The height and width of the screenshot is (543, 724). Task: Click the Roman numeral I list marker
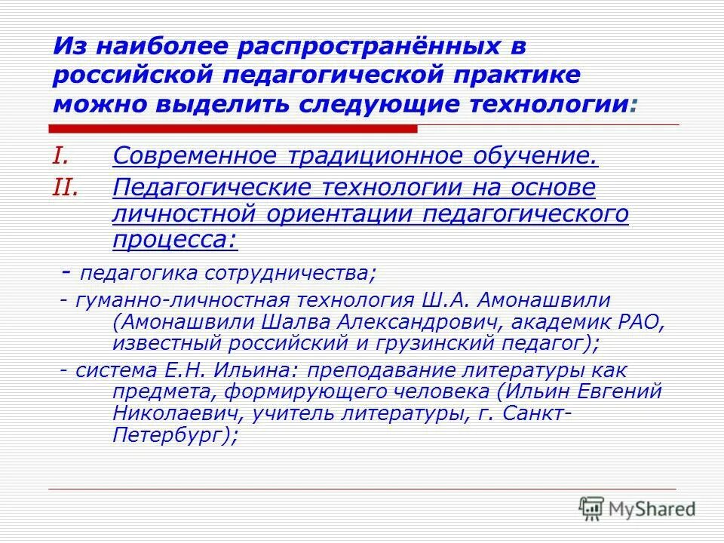tap(61, 155)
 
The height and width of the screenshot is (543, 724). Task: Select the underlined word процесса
tap(174, 240)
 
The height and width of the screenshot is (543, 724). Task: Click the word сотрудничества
tap(289, 272)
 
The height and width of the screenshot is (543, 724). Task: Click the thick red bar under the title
tap(234, 129)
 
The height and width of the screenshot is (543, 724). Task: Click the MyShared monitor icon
tap(592, 508)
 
